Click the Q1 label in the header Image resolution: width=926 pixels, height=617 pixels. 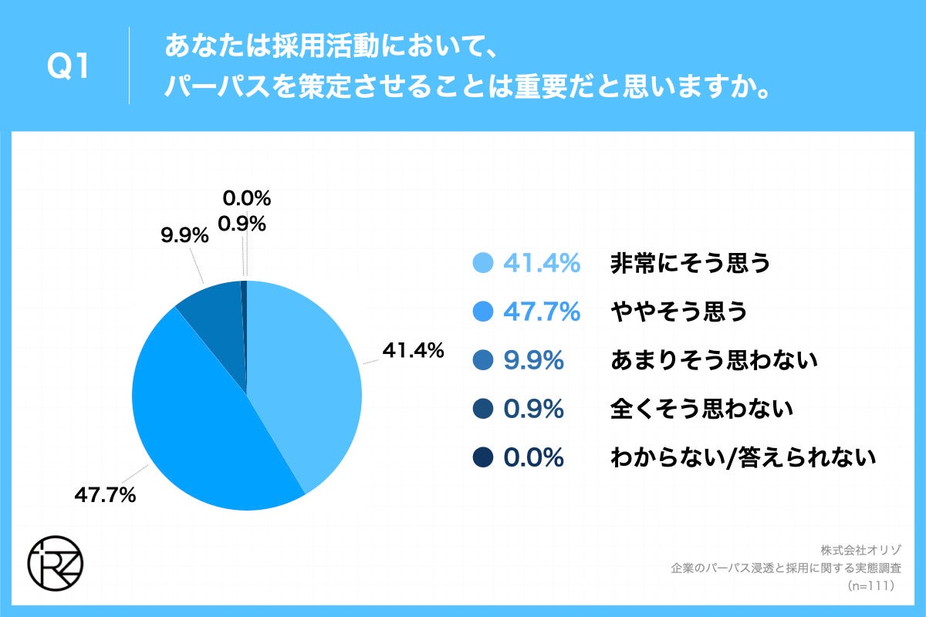(68, 68)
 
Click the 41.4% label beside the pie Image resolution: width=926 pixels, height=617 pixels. (413, 351)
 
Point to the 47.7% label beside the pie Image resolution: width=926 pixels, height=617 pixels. (105, 495)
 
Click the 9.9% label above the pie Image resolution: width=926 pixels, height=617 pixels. (184, 236)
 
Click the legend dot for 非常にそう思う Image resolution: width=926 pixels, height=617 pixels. (482, 264)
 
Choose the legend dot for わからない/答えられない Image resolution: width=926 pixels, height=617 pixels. (482, 458)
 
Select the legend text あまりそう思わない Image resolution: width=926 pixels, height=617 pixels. (714, 360)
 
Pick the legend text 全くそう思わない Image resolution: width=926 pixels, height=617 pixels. (701, 409)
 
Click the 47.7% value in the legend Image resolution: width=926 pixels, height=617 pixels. (541, 312)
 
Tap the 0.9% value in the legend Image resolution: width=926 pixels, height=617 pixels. (533, 409)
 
